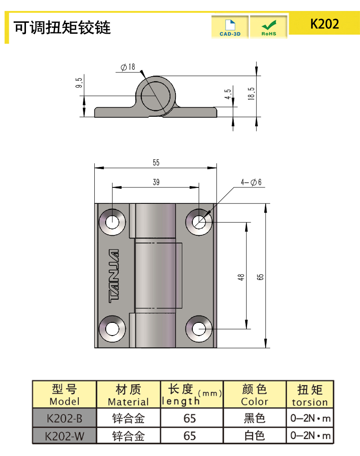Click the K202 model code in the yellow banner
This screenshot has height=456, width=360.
pyautogui.click(x=324, y=24)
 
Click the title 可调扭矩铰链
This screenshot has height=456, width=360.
pyautogui.click(x=62, y=28)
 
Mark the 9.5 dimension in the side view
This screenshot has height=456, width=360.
pyautogui.click(x=79, y=83)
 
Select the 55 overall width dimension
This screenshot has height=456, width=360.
pyautogui.click(x=156, y=163)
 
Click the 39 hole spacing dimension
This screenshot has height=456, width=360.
pyautogui.click(x=156, y=182)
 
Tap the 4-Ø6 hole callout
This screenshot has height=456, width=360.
pyautogui.click(x=252, y=182)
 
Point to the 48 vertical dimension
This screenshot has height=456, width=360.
pyautogui.click(x=242, y=276)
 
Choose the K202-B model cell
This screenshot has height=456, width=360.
pyautogui.click(x=64, y=418)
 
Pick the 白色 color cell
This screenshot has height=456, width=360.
pyautogui.click(x=254, y=435)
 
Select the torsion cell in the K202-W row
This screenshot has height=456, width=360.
pyautogui.click(x=310, y=435)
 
